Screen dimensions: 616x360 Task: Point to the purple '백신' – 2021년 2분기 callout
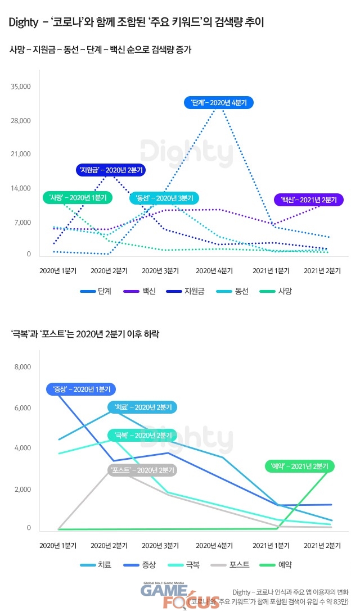(x=308, y=200)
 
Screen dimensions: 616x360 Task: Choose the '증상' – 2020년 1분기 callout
(x=81, y=389)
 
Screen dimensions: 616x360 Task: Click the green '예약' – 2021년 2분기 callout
(x=300, y=466)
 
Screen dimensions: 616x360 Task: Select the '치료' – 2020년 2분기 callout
(x=143, y=407)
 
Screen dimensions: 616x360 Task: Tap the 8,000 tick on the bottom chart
(x=22, y=368)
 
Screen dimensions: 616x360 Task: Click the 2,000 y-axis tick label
(x=22, y=490)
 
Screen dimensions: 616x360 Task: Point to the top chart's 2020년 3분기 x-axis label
(x=164, y=270)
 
